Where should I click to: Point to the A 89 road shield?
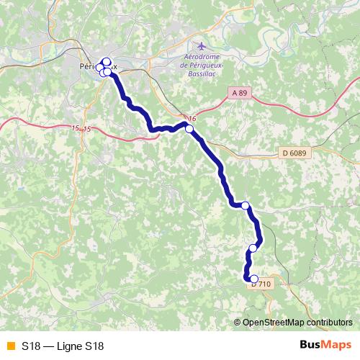tap(240, 93)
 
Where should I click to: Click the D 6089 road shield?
tap(294, 153)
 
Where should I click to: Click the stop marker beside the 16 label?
tap(189, 129)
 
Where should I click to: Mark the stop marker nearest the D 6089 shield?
tap(245, 206)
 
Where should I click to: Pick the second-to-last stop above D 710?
tap(253, 248)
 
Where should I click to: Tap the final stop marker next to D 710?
tap(253, 279)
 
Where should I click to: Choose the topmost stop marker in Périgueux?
tap(107, 61)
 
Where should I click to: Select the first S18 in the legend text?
tap(30, 346)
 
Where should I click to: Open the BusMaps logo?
tap(325, 345)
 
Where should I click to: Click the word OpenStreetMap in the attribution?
tap(274, 322)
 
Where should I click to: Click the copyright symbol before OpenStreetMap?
tap(238, 322)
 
